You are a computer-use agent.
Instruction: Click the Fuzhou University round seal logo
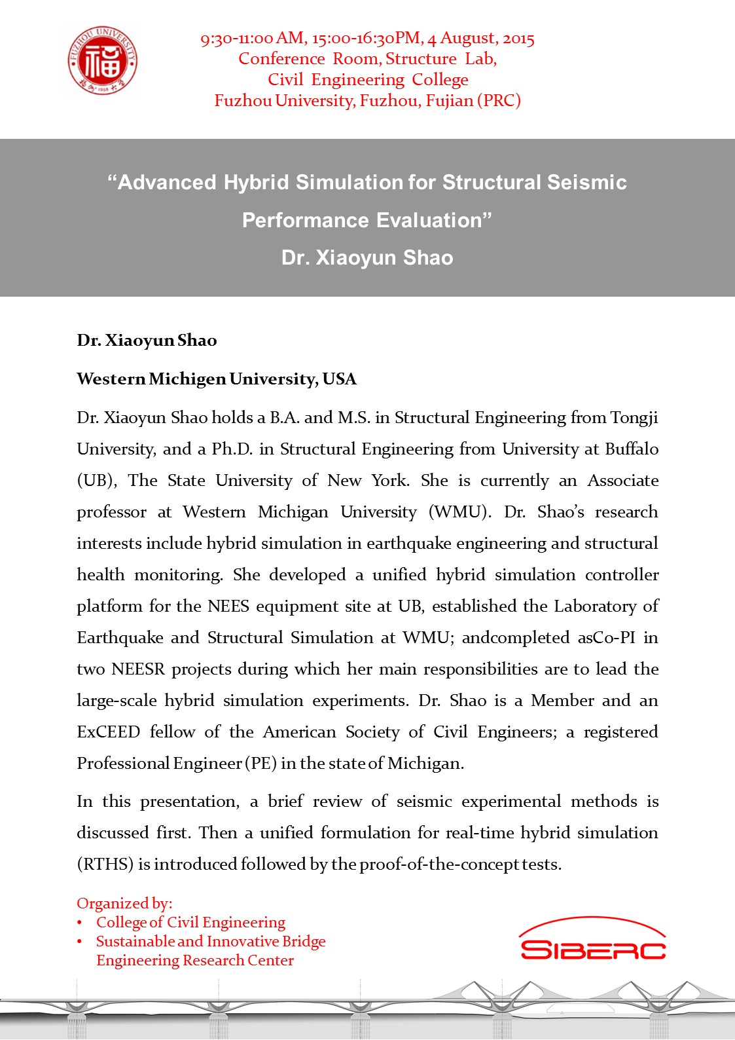pos(103,61)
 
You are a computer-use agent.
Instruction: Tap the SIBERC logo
pos(593,940)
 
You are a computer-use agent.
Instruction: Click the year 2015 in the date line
pos(518,39)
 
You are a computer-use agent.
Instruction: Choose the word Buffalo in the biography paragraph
pos(632,449)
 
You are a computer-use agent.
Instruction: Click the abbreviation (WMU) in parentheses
pos(459,512)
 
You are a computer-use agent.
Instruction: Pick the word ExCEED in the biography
pos(108,732)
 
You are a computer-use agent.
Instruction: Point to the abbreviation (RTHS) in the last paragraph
pos(105,864)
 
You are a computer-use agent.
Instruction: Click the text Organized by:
pos(124,904)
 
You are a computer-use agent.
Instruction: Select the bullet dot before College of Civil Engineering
pos(80,923)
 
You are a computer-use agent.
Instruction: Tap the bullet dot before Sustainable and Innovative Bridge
pos(80,942)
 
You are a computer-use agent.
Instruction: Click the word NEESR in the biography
pos(137,669)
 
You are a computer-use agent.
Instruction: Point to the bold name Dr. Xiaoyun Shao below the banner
pos(147,341)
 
